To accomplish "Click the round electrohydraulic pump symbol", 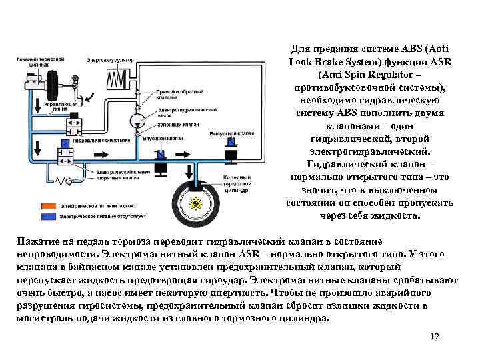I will coord(138,120).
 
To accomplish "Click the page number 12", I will coord(435,336).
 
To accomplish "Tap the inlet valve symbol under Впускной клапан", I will coord(161,155).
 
